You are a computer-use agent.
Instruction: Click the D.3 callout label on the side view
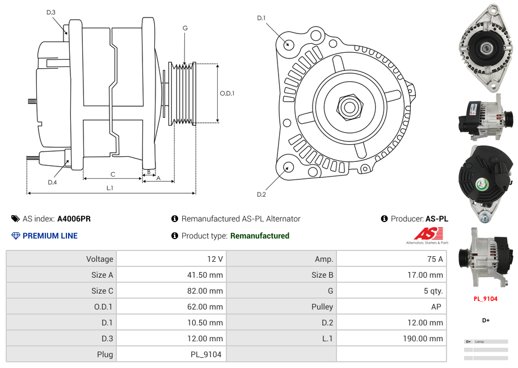51,12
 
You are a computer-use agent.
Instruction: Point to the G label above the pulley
185,28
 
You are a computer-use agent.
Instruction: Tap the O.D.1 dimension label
227,94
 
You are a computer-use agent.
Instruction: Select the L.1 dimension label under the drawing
110,187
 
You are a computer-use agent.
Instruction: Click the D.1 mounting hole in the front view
288,44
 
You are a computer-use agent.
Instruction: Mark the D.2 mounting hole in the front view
288,167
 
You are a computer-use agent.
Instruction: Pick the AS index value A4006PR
74,219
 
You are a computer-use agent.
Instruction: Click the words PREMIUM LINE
50,236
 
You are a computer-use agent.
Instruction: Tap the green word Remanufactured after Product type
259,236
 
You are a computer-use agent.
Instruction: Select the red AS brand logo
427,234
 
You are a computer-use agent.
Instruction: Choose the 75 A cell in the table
435,259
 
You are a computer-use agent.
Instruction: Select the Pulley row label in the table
322,307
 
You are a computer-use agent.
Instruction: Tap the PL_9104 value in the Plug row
206,354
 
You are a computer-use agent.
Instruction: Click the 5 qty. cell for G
433,291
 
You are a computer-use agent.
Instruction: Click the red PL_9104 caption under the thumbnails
486,299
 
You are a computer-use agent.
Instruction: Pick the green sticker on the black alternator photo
481,183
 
